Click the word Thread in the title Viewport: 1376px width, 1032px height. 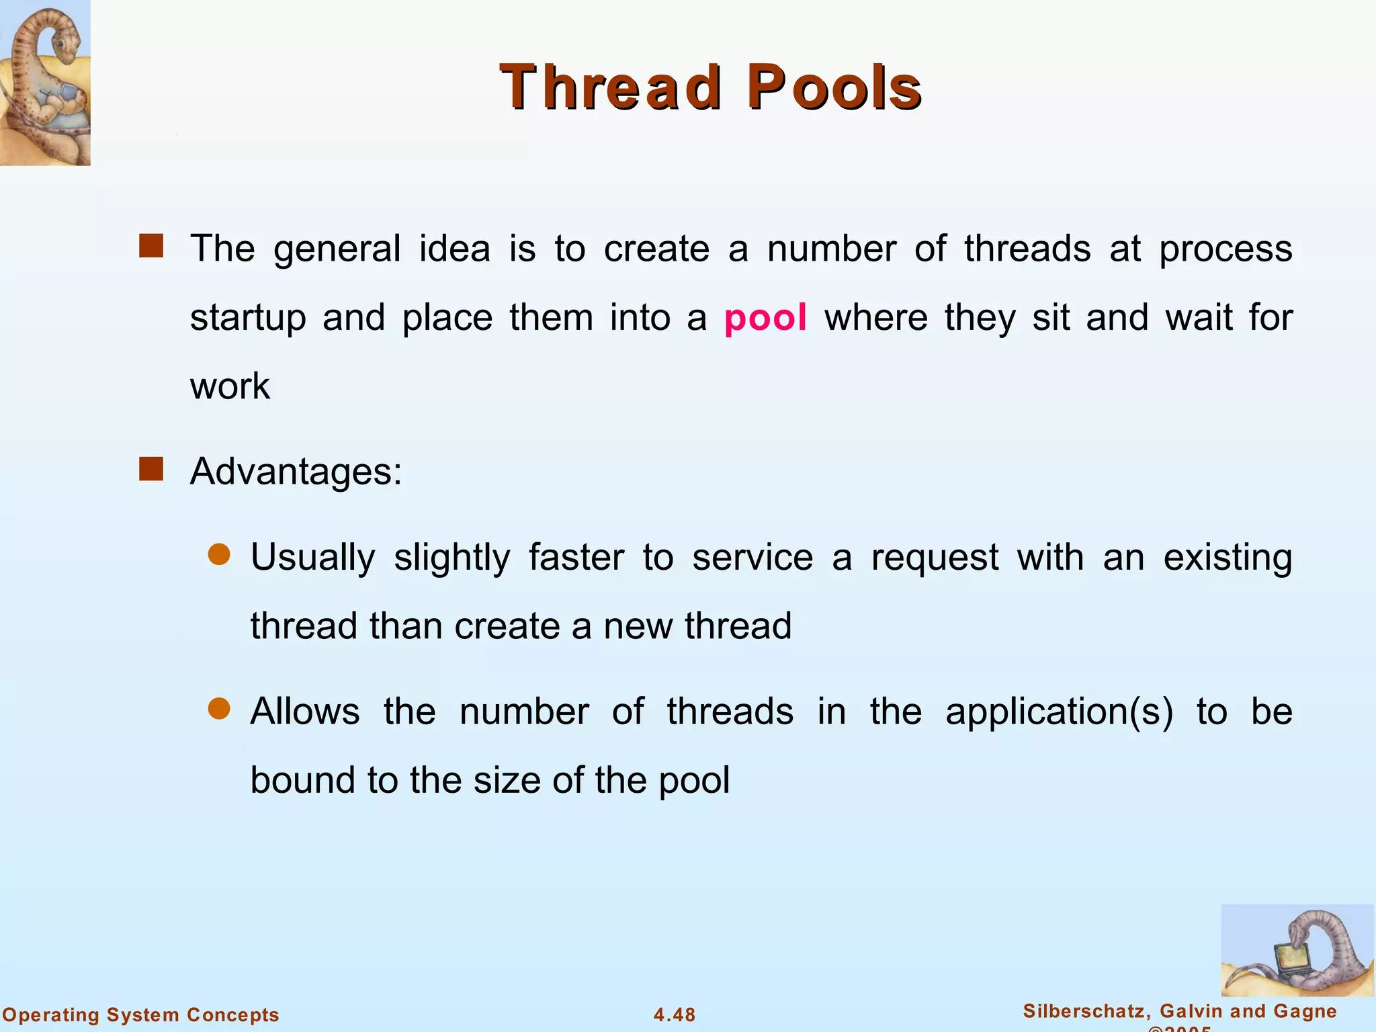[611, 87]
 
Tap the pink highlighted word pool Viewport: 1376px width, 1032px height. [765, 317]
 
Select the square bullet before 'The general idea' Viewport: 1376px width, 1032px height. [151, 246]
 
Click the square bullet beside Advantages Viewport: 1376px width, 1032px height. [151, 469]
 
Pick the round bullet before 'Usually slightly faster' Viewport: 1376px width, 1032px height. [219, 555]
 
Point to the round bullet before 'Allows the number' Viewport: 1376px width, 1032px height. [219, 709]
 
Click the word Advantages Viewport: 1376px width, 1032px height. [296, 472]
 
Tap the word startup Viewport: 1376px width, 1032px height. [248, 318]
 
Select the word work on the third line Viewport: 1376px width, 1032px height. [230, 386]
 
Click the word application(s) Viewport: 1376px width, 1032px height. [1059, 712]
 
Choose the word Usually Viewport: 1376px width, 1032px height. [312, 558]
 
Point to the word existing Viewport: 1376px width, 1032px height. [1228, 558]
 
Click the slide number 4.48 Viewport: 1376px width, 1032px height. [675, 1015]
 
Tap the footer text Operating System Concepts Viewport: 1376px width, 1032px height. [141, 1015]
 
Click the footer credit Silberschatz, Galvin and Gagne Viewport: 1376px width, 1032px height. [1180, 1011]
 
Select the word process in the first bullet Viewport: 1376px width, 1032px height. [1225, 249]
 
